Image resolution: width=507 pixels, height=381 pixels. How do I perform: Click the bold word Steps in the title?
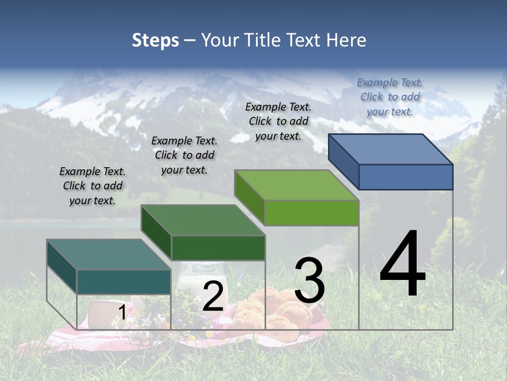click(x=155, y=40)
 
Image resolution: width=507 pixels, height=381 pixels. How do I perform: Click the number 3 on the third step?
click(x=309, y=280)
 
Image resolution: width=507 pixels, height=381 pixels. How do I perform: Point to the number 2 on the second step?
click(x=213, y=296)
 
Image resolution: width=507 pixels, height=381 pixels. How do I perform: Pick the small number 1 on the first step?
click(x=122, y=313)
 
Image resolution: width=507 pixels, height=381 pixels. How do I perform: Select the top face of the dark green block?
click(x=203, y=220)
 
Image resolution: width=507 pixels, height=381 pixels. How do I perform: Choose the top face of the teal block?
click(x=109, y=255)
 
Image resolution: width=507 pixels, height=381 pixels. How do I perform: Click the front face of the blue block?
click(x=406, y=177)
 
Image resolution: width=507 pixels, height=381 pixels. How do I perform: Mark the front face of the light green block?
click(x=312, y=213)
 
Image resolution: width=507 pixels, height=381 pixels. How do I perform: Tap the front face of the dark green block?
click(x=218, y=248)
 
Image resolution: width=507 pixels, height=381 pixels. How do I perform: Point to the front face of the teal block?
click(x=124, y=282)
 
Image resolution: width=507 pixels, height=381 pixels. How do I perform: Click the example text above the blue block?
click(x=390, y=97)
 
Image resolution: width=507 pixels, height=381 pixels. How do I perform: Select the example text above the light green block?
click(x=278, y=121)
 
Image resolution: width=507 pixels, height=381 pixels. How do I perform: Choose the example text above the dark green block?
click(x=184, y=155)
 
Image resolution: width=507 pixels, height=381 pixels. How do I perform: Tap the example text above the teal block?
click(x=92, y=186)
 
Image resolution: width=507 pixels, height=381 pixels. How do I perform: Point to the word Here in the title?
click(x=346, y=40)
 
